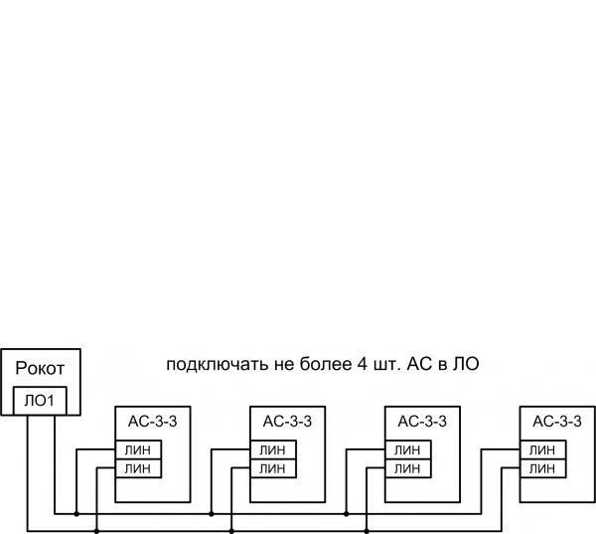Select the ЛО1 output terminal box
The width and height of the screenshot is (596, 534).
tap(40, 402)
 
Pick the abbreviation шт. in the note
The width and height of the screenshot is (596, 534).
tap(372, 364)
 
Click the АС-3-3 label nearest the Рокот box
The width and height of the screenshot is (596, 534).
tap(153, 422)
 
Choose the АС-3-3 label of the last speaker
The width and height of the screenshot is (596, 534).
tap(556, 422)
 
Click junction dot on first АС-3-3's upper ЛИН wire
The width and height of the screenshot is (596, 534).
tap(75, 514)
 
